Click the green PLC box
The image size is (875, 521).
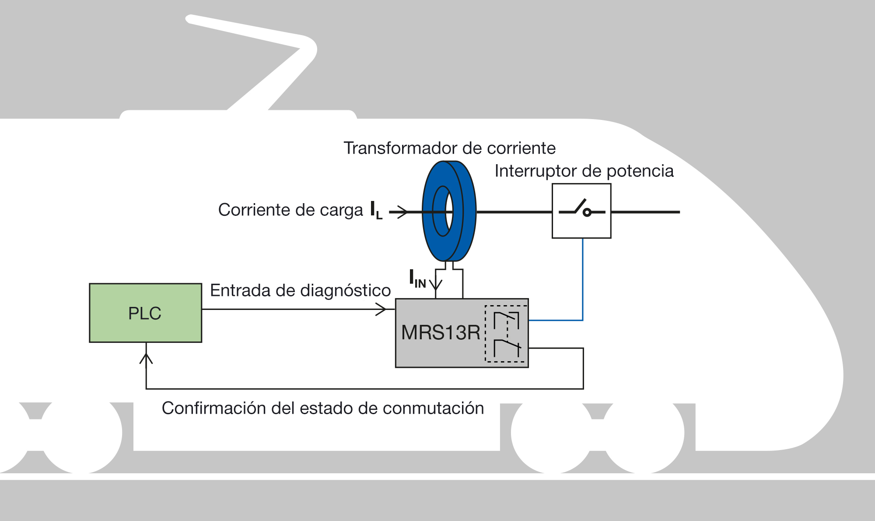coord(145,313)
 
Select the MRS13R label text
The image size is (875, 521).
coord(441,333)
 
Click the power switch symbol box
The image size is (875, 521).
coord(581,211)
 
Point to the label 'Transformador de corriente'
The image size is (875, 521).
coord(449,148)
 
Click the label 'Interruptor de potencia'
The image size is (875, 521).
coord(584,171)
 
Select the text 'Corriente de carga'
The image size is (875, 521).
coord(290,210)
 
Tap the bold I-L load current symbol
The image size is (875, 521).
coord(376,211)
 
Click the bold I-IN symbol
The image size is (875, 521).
coord(417,279)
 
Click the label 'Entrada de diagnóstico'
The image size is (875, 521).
coord(300,291)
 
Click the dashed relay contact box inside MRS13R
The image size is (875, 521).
coord(506,334)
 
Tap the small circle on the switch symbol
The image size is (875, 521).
coord(587,213)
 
